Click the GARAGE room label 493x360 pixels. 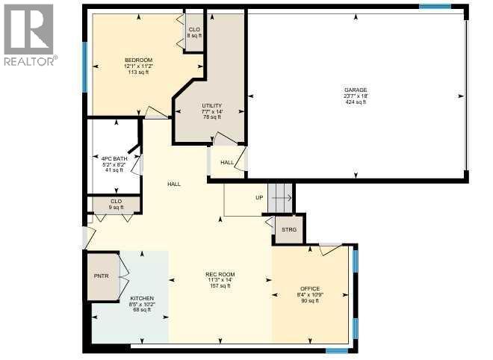coord(355,90)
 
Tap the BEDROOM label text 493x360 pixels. coord(138,60)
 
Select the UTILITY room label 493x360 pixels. coord(211,105)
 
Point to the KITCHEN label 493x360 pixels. coord(140,298)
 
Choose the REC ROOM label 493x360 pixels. coord(220,273)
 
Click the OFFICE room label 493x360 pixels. coord(310,288)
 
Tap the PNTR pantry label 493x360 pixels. coord(102,276)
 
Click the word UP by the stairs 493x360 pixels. coord(259,198)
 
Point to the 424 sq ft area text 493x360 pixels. coord(355,102)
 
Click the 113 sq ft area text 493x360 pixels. coord(138,72)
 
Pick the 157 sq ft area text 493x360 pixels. coord(220,285)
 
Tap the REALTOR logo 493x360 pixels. coord(28,34)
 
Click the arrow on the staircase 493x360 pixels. coord(282,198)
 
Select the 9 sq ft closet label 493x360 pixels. coord(116,207)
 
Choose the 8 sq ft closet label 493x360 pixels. coord(194,36)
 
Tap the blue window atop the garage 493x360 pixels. coord(435,7)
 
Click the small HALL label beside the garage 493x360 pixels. coord(227,162)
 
